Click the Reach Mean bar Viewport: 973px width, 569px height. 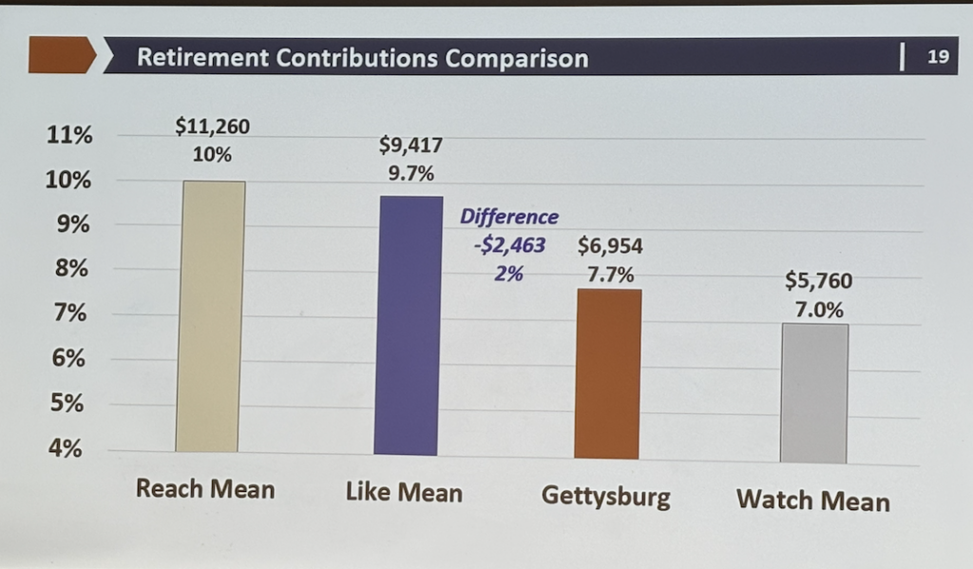coord(210,315)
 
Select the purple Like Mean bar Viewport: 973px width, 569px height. coord(408,325)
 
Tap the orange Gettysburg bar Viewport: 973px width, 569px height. coord(608,373)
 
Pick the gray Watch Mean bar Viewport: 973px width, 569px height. coord(813,392)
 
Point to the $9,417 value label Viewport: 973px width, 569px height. coord(410,146)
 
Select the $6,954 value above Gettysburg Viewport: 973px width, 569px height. coord(610,247)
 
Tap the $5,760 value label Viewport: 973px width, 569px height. coord(818,281)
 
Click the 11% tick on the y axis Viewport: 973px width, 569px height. coord(69,136)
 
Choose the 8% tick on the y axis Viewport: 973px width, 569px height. coord(69,270)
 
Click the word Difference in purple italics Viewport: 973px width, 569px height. coord(509,218)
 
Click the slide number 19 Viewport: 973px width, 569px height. coord(938,57)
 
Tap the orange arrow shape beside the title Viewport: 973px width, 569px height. coord(62,55)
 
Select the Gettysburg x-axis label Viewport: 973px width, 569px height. coord(605,496)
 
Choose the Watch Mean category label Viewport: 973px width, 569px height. coord(813,500)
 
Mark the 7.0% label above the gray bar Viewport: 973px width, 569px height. coord(818,311)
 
